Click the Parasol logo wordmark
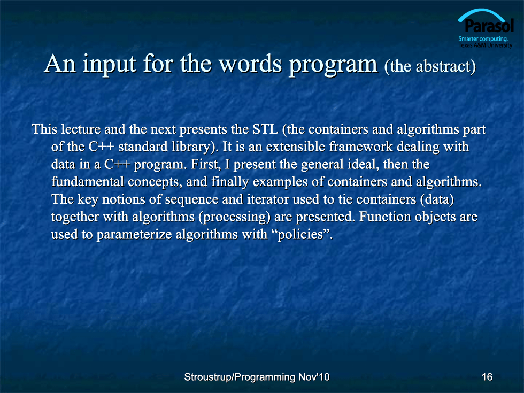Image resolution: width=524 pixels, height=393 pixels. click(489, 26)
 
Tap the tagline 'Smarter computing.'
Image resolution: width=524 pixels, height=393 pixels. click(483, 38)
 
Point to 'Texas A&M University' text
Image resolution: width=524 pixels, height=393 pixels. click(486, 45)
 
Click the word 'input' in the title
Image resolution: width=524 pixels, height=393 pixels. click(109, 64)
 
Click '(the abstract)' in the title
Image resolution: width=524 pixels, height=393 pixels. click(430, 66)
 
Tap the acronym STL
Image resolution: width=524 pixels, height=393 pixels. click(265, 129)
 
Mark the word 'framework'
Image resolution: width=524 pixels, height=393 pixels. click(361, 147)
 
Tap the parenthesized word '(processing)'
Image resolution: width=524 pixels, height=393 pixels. click(234, 217)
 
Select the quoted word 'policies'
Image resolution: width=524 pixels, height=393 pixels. click(300, 235)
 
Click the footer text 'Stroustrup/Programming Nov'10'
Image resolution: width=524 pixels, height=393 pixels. click(257, 377)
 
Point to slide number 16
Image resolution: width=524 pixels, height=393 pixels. click(487, 377)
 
